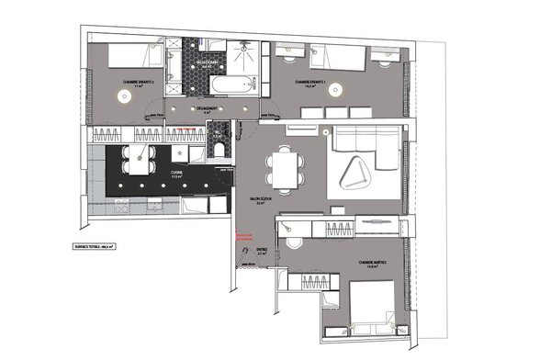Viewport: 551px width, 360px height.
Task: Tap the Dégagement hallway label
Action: coord(208,108)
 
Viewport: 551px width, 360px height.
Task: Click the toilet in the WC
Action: coord(219,146)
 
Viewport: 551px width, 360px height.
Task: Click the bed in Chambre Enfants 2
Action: coord(138,56)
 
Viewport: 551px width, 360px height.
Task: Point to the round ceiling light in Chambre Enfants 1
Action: coord(336,90)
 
